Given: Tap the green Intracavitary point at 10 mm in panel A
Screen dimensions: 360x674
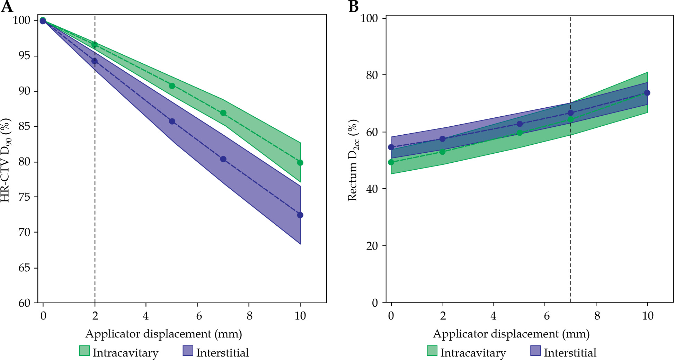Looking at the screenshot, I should tap(300, 163).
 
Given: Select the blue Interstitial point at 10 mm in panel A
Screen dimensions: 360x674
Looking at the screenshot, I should tap(300, 215).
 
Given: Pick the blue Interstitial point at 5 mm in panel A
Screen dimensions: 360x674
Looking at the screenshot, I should tap(172, 121).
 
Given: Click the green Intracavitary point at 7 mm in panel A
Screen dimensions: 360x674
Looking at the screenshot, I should tap(223, 113).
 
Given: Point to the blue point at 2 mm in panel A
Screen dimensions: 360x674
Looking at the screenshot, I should tap(95, 61).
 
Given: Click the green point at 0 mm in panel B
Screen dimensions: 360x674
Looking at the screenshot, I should tap(391, 162).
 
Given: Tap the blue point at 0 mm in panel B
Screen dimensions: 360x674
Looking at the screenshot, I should tap(391, 147).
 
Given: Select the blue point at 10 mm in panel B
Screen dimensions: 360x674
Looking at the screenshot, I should tap(647, 93).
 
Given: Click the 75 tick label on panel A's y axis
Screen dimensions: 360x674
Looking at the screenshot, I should tap(24, 197).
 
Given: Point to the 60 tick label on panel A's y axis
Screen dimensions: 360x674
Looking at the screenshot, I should tap(24, 303).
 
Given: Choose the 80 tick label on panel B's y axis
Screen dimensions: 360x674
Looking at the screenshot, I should tap(372, 75).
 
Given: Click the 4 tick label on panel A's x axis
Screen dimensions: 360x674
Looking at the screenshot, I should tap(146, 316).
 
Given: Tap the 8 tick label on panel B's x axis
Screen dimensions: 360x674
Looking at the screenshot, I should tap(597, 316).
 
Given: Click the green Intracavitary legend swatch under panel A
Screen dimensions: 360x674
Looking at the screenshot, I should tap(85, 351).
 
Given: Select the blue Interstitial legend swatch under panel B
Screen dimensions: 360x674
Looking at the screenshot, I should tap(535, 351).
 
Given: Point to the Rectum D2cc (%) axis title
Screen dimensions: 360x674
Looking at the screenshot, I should tap(353, 161).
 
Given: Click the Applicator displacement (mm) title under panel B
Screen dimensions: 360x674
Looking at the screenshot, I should tap(511, 334).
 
